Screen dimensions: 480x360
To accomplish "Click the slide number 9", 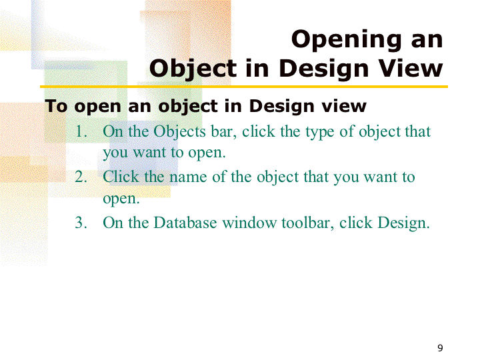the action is [x=440, y=348].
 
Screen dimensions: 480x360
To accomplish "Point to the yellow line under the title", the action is [x=244, y=87].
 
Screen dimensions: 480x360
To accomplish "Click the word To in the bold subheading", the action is [x=56, y=106].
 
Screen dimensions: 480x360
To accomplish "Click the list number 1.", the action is [x=81, y=131].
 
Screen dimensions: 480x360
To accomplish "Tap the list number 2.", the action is [x=81, y=177].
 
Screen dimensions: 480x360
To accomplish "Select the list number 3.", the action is [x=81, y=223].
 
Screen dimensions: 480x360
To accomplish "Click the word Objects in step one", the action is [x=179, y=132].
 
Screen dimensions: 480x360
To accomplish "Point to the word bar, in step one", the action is [x=224, y=131].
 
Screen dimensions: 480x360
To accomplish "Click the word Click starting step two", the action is [x=121, y=177].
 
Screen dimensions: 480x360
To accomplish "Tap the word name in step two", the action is [x=188, y=177].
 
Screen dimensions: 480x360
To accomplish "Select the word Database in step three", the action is [x=185, y=222].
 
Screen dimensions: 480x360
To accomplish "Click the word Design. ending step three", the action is [x=403, y=223].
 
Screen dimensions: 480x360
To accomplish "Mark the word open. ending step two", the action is [x=121, y=199].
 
